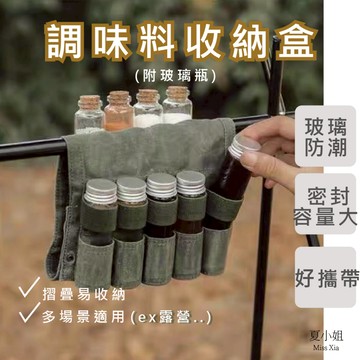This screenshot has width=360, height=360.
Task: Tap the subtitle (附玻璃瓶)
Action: coord(179,75)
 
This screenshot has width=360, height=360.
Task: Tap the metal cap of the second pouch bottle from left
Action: coord(131,185)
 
